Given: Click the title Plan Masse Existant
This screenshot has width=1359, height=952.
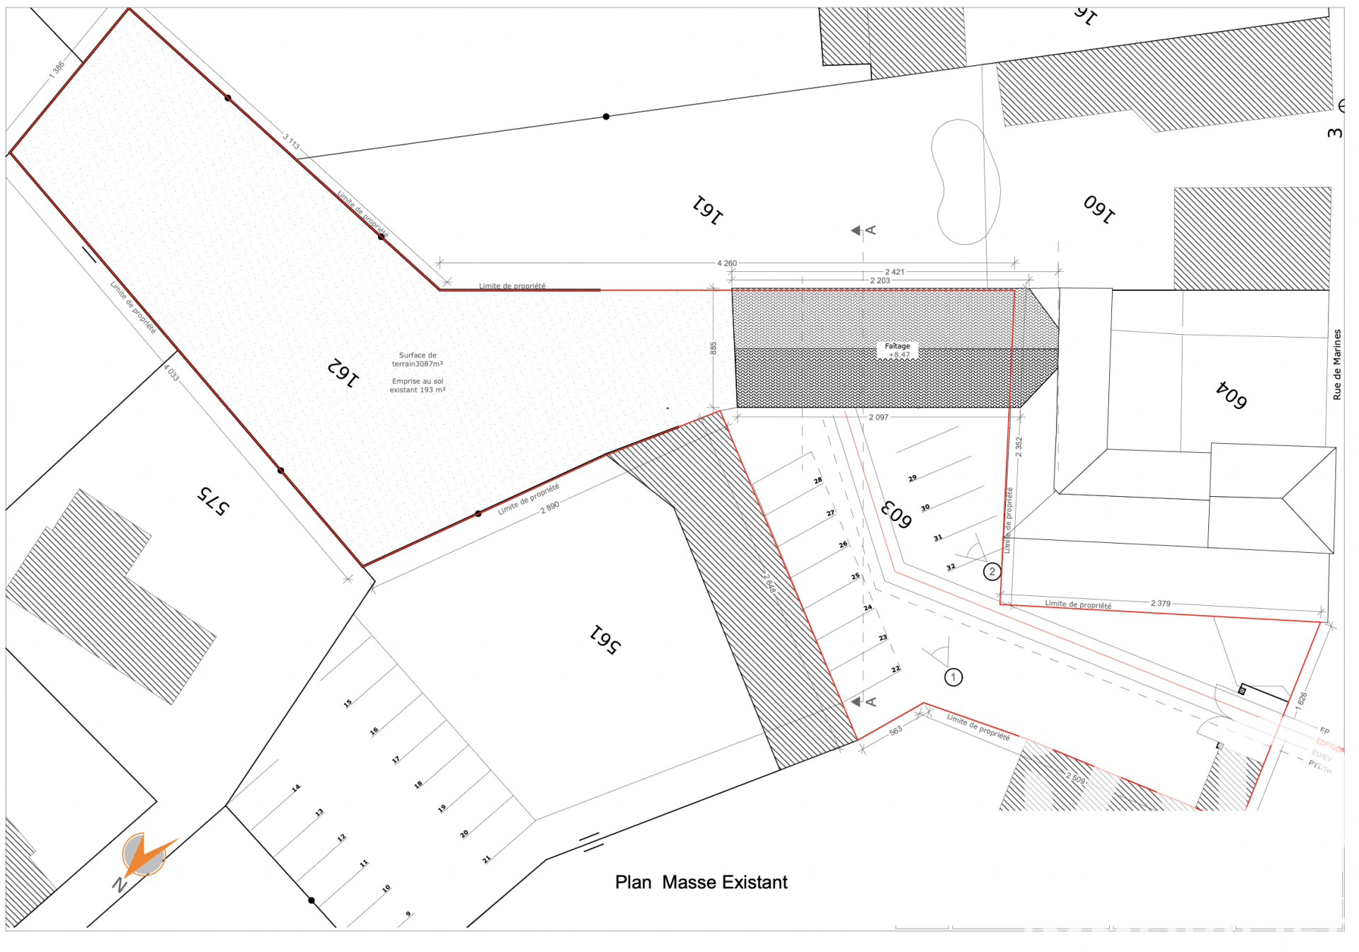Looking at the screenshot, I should [x=701, y=882].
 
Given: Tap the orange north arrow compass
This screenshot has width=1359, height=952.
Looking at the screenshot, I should [x=145, y=855].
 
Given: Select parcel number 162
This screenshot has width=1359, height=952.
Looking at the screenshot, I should [x=343, y=372].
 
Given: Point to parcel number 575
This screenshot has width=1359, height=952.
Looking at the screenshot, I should [x=213, y=501].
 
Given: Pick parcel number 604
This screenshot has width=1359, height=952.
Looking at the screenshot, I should [x=1231, y=395].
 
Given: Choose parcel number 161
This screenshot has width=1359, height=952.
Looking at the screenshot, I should [x=707, y=210].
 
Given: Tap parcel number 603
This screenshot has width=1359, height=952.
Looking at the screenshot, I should [x=896, y=515].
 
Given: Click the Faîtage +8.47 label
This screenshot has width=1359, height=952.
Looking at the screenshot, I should [x=898, y=350].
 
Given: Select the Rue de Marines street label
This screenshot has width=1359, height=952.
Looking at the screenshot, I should [x=1336, y=365].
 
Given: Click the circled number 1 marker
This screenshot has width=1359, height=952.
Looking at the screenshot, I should [x=953, y=677].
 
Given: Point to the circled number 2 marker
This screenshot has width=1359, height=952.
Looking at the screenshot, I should [x=992, y=571].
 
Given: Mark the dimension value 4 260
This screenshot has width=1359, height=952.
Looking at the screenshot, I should [x=727, y=263].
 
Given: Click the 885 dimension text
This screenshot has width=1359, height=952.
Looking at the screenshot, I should [x=713, y=348].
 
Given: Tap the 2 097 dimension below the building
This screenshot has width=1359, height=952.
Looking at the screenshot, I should [x=878, y=418].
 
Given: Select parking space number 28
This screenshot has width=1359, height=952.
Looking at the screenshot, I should [x=818, y=481].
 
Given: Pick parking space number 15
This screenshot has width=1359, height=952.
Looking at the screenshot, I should [x=348, y=703].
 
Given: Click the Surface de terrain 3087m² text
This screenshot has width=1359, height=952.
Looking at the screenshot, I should [x=418, y=360].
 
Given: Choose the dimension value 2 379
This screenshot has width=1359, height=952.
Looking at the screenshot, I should [x=1160, y=604].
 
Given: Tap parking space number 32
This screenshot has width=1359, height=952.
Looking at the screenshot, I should [x=951, y=567].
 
